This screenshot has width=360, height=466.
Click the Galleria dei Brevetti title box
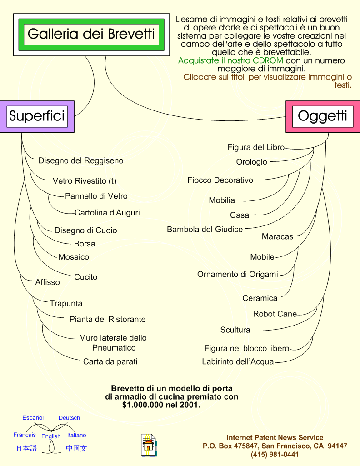pos(91,35)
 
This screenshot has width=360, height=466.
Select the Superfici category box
pos(37,116)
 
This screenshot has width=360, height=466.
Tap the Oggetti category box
pos(323,116)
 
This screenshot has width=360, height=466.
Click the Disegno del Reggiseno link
pos(81,161)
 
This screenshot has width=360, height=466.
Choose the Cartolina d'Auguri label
pos(107,213)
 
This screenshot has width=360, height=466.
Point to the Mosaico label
pos(74,257)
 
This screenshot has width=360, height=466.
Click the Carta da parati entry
pos(110,362)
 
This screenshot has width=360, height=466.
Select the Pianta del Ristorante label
pos(108,320)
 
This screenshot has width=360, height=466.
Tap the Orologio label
pos(251,162)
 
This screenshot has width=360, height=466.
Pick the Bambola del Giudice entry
pos(205,230)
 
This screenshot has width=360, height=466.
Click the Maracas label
pos(277,236)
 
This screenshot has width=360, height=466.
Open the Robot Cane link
pos(275,314)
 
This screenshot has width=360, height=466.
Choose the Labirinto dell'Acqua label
pos(238,362)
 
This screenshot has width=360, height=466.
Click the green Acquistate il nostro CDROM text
pos(230,60)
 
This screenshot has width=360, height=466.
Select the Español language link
pos(33,418)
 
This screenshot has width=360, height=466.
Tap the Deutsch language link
pos(69,418)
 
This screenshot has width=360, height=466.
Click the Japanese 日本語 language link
pos(26,448)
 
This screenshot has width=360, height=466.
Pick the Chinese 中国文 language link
pos(76,448)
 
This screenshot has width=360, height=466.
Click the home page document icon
pos(149,445)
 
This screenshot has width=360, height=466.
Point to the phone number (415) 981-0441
pos(275,455)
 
